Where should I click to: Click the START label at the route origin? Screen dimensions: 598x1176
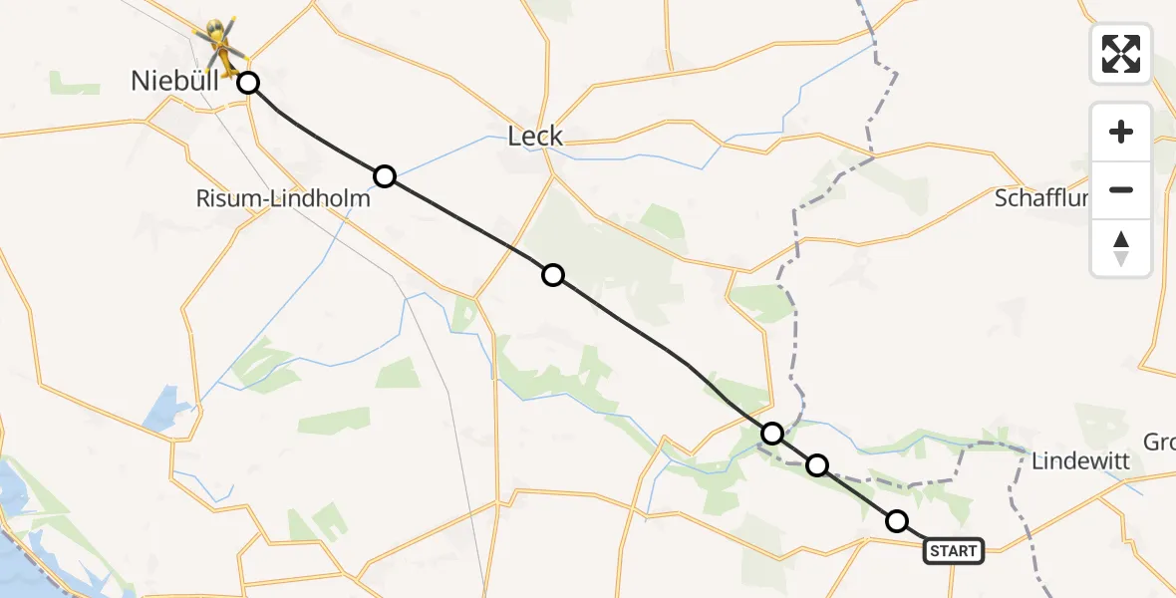954,550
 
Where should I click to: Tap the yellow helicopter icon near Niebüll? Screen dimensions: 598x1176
222,45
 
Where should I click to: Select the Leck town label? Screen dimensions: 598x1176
535,137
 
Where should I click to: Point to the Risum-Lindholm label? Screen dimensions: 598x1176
283,198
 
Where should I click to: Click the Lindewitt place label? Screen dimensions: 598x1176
1080,461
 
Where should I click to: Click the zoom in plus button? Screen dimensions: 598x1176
1121,132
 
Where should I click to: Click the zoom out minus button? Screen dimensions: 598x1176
1121,189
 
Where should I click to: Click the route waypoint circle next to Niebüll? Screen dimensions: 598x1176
248,83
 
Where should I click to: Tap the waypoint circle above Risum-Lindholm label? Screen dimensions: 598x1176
385,176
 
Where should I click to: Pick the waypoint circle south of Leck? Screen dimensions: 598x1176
553,275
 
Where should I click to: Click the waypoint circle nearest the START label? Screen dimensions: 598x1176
897,520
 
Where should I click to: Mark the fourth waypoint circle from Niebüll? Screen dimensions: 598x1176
772,434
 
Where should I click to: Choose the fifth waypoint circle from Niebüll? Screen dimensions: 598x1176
817,464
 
